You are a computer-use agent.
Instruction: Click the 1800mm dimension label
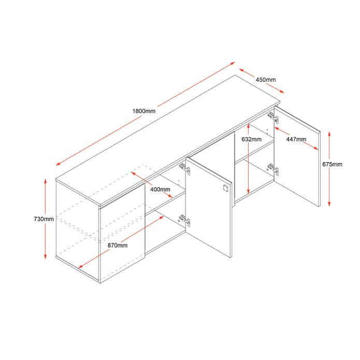click(x=144, y=111)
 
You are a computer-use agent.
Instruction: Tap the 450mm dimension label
click(x=265, y=80)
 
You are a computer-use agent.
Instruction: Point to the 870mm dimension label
click(x=117, y=245)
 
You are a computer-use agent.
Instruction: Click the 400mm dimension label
click(x=160, y=189)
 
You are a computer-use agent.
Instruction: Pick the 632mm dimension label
click(x=251, y=139)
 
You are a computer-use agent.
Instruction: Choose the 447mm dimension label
click(x=296, y=139)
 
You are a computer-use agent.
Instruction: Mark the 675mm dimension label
click(x=332, y=164)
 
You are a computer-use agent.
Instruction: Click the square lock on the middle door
click(x=225, y=188)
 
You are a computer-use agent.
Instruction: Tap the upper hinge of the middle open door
click(x=183, y=167)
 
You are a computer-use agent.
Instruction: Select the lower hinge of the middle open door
click(x=184, y=220)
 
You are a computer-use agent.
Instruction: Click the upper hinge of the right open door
click(x=272, y=117)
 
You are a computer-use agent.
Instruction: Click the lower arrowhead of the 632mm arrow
click(x=250, y=191)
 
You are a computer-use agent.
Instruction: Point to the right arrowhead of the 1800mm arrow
click(x=234, y=64)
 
